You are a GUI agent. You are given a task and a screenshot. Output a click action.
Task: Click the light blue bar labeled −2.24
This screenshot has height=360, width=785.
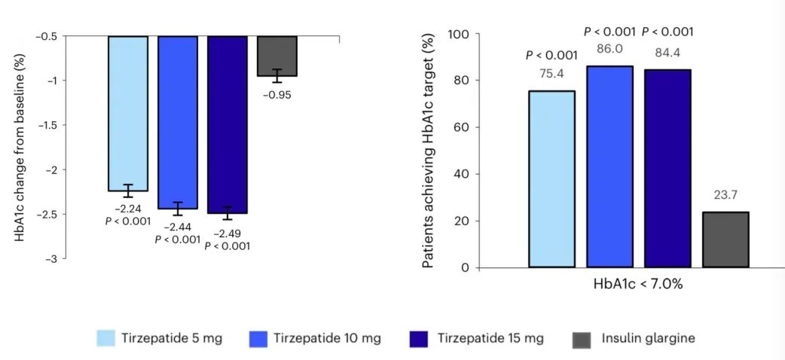127,113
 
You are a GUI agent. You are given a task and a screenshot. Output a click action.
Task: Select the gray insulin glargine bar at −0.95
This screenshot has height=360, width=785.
276,56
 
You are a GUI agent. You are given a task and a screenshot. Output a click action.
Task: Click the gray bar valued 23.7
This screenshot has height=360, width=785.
725,239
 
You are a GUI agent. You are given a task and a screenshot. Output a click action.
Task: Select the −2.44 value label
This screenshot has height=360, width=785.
177,227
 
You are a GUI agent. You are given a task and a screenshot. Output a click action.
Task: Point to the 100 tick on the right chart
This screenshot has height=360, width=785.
460,34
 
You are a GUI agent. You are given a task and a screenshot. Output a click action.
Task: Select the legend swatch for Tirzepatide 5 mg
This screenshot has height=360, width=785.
116,338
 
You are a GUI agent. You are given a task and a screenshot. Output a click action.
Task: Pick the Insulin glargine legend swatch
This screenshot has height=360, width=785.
582,338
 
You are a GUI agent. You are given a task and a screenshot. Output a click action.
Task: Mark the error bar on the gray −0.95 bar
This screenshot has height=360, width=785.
276,75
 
